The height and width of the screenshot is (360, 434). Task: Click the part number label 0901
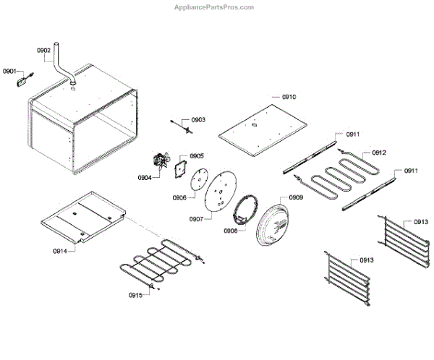[x=9, y=71]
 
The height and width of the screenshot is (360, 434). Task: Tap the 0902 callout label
[x=43, y=51]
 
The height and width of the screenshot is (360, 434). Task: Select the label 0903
[x=197, y=119]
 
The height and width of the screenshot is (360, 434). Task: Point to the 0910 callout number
[x=289, y=97]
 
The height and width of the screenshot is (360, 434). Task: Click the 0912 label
[x=379, y=153]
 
